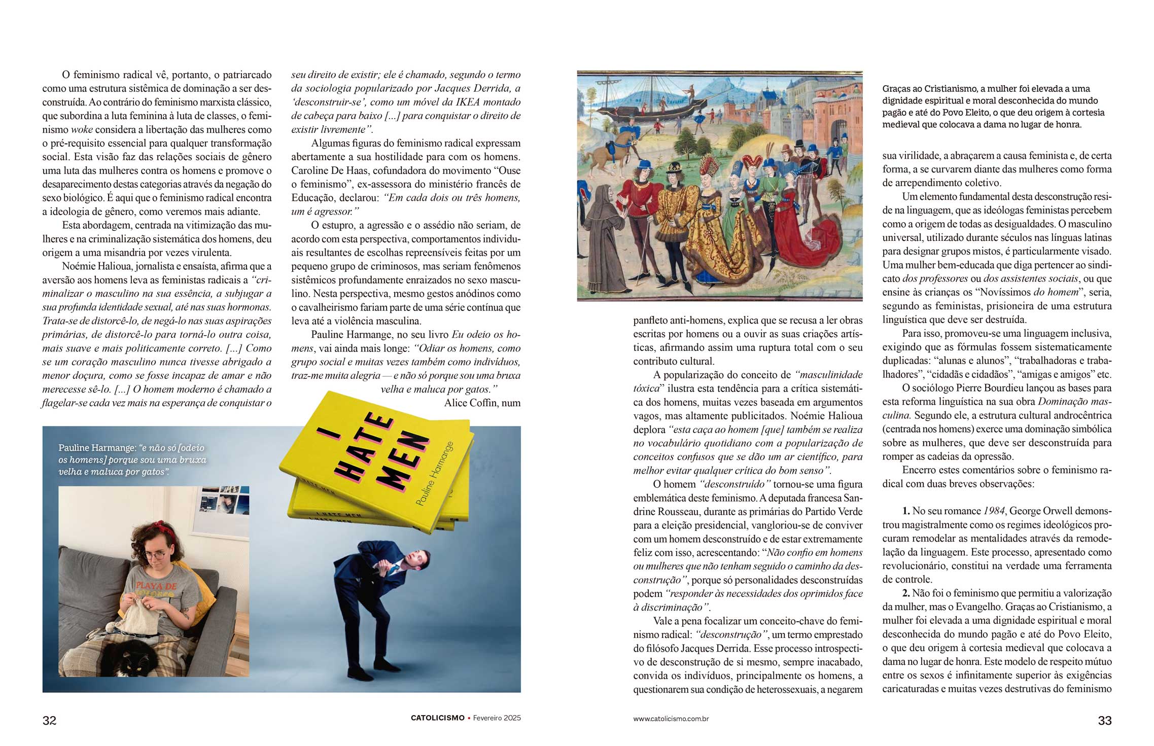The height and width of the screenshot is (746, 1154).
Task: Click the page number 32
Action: click(x=49, y=721)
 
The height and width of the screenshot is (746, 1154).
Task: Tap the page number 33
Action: click(x=1104, y=721)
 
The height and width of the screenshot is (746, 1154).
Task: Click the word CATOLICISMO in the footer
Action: click(x=437, y=718)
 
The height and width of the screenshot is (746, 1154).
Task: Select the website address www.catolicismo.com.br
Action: click(x=671, y=719)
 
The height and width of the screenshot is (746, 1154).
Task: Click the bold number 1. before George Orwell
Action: click(x=906, y=511)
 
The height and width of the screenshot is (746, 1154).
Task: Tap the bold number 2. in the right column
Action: click(x=906, y=593)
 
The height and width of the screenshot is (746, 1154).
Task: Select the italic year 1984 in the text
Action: click(x=993, y=511)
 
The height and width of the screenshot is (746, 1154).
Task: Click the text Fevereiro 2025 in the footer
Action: click(x=497, y=718)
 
